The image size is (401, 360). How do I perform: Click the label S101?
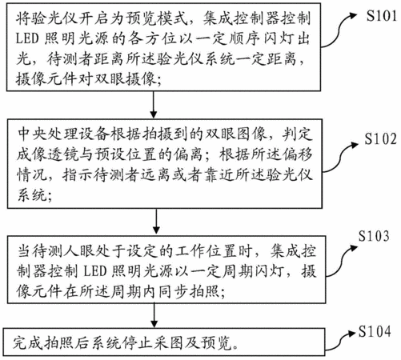(x=381, y=16)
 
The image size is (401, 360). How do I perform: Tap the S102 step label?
(x=380, y=139)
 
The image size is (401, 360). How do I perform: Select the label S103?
(x=374, y=236)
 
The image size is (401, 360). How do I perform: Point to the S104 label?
(x=375, y=332)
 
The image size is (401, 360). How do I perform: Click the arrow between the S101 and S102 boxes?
(x=154, y=105)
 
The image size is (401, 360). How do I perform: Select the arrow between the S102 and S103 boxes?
(x=156, y=222)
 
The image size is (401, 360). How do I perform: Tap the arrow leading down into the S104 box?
(x=154, y=315)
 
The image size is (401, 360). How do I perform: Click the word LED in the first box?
(x=27, y=39)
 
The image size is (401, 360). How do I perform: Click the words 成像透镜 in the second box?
(x=48, y=154)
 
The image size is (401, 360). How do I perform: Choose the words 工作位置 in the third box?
(x=207, y=251)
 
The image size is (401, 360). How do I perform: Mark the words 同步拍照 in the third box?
(x=188, y=291)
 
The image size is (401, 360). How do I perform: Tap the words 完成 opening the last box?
(x=28, y=343)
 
